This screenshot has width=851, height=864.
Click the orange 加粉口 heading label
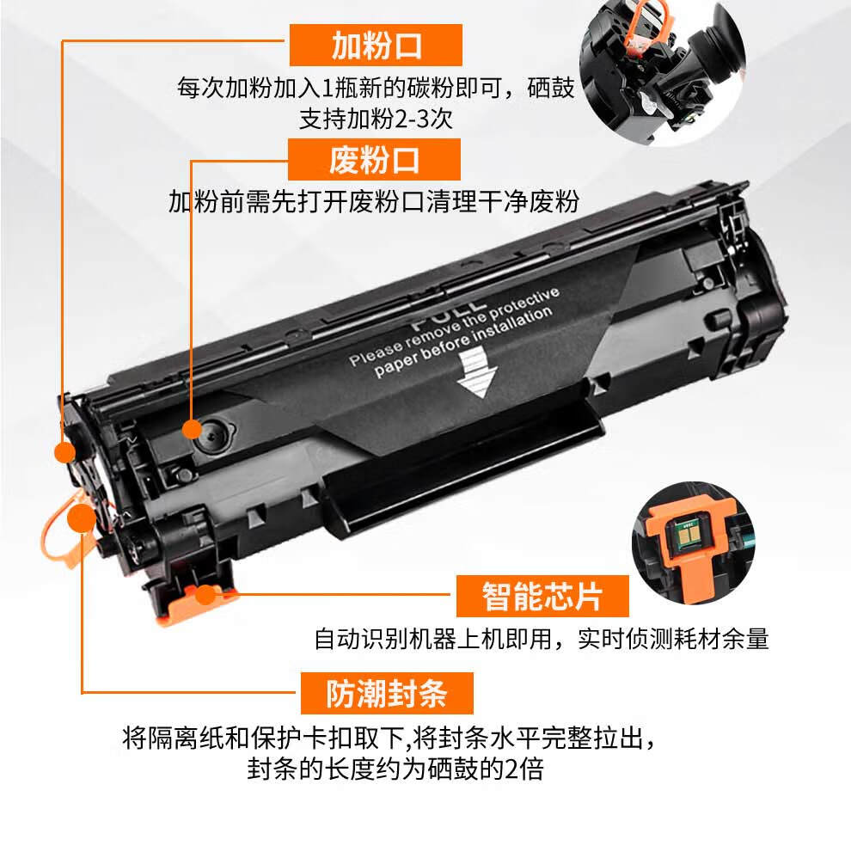click(x=376, y=46)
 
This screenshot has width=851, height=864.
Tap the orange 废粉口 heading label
click(x=374, y=160)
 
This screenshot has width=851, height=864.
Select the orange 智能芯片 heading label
click(x=542, y=597)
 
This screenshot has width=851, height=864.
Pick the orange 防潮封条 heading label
click(x=387, y=693)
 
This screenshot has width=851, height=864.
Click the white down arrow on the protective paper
click(x=476, y=374)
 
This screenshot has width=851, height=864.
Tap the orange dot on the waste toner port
click(x=192, y=429)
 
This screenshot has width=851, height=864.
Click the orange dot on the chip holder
click(x=205, y=595)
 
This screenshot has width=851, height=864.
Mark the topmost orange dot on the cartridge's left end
click(x=65, y=452)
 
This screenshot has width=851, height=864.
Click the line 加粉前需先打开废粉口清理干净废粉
click(x=373, y=202)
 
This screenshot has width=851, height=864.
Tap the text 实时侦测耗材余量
click(x=673, y=639)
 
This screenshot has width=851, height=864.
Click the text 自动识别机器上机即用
click(x=433, y=639)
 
